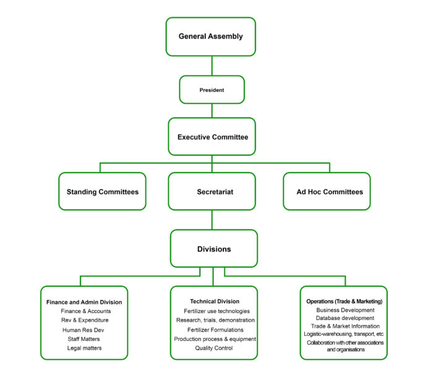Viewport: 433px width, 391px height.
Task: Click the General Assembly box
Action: [x=211, y=37]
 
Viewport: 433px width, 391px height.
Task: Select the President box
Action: [x=212, y=90]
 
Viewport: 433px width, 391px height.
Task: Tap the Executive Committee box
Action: [x=212, y=136]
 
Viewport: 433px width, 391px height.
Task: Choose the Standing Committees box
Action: [x=103, y=192]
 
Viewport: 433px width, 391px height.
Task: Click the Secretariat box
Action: [x=212, y=192]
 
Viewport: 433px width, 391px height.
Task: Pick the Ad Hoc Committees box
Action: [x=327, y=192]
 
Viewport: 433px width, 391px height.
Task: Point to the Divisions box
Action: [x=214, y=249]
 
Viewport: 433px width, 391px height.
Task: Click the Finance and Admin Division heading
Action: [x=84, y=302]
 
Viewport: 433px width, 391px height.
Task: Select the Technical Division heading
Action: [x=215, y=301]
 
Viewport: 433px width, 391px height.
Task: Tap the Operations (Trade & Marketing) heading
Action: [x=345, y=301]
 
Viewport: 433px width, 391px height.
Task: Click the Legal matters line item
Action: [x=84, y=348]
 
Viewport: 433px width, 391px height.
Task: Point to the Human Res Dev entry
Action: [x=84, y=330]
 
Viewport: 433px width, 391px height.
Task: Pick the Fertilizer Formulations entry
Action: [x=215, y=330]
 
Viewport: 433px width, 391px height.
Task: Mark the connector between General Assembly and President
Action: [x=212, y=66]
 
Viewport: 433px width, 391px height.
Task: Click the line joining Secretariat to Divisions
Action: [x=212, y=220]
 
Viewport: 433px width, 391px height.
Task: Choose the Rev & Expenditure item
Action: [x=84, y=320]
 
